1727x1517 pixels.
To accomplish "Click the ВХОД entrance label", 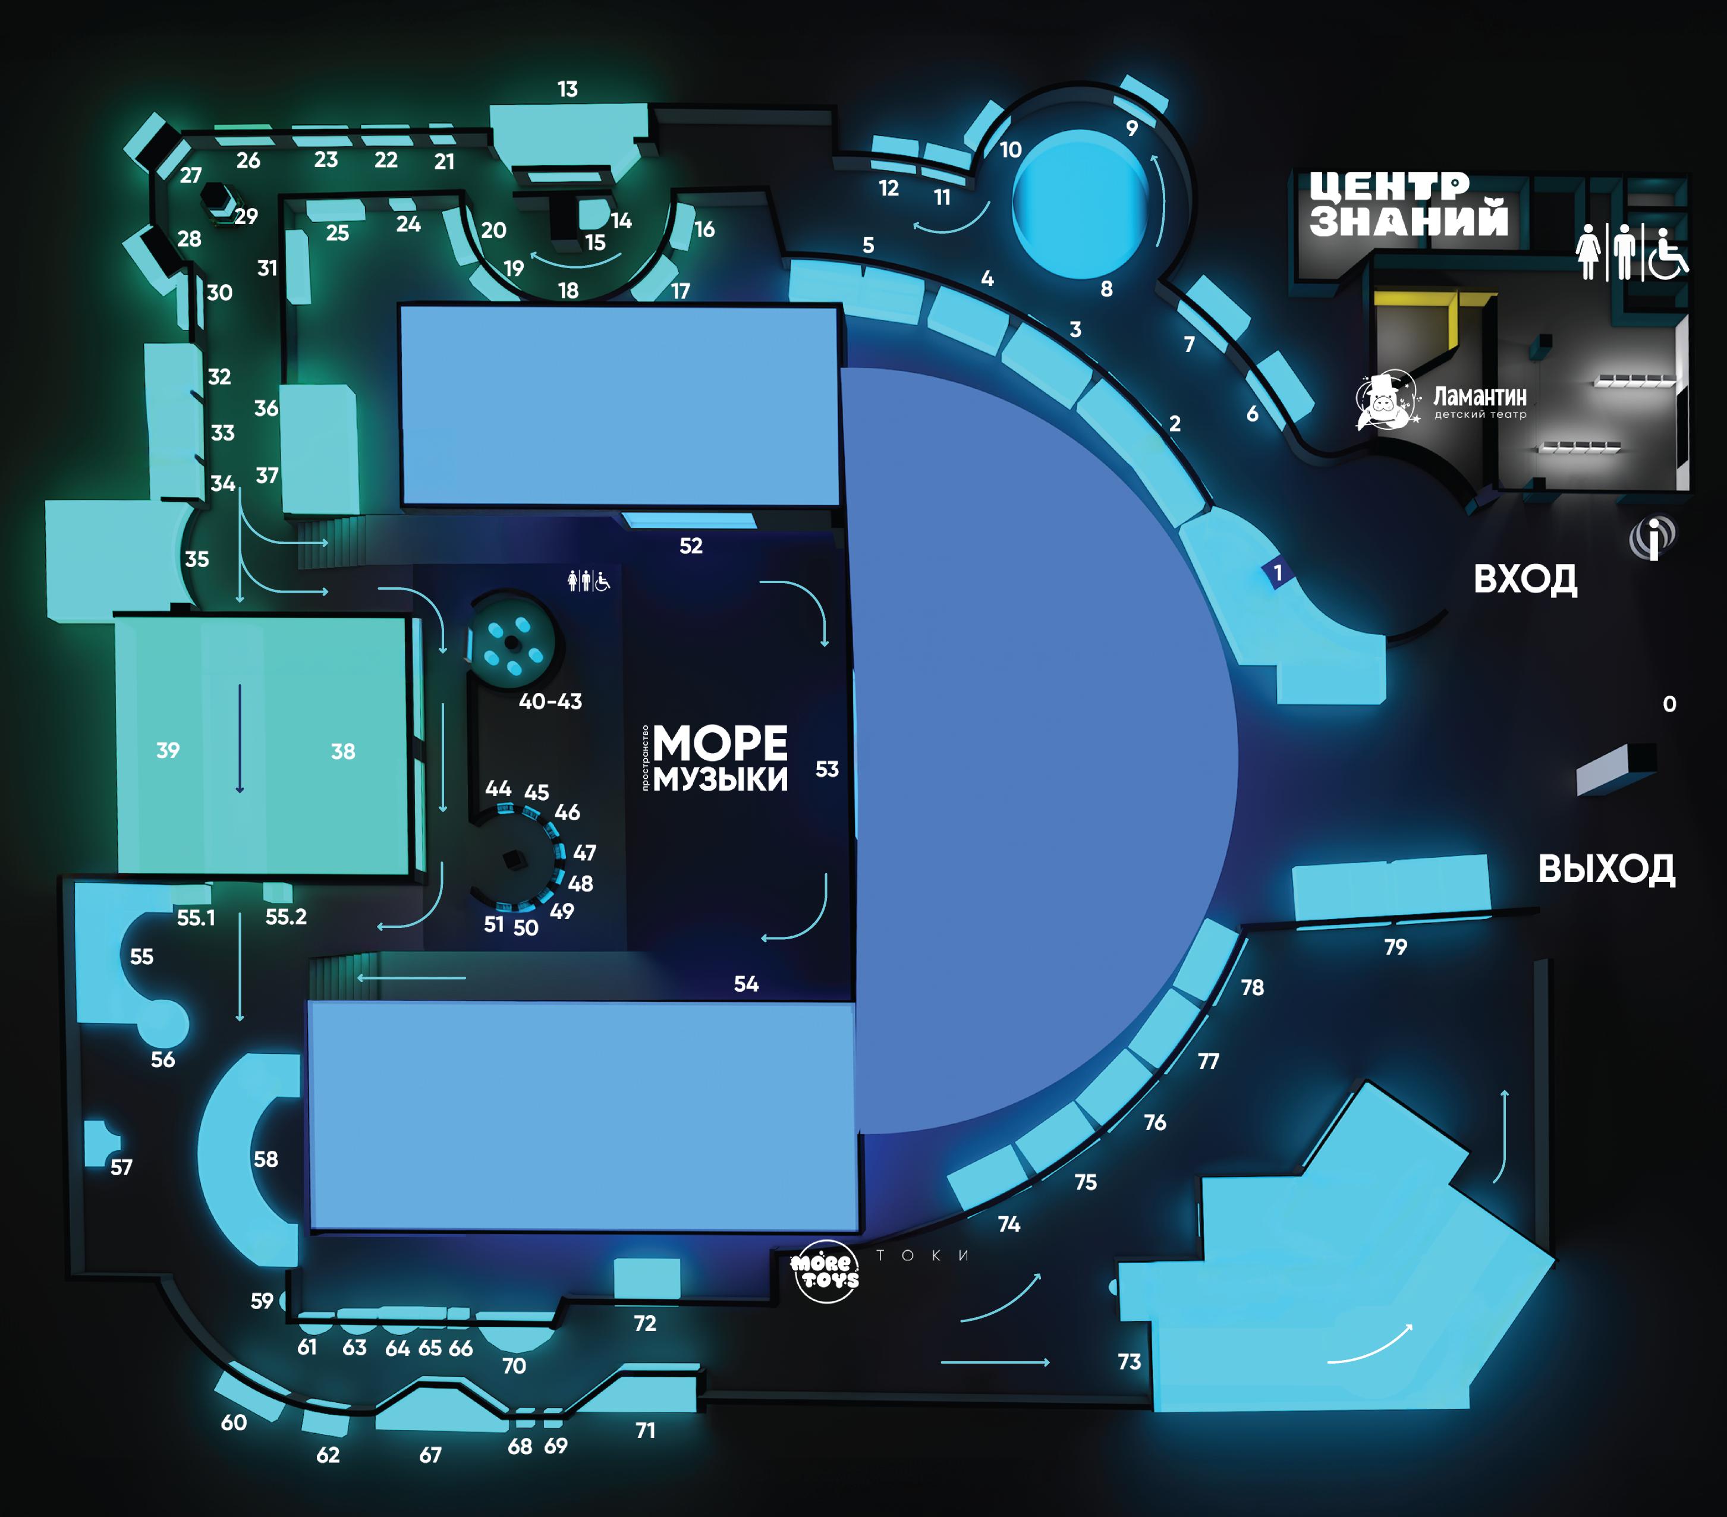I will tap(1524, 580).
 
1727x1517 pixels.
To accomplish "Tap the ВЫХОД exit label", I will tap(1605, 869).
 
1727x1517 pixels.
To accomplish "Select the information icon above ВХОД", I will tap(1652, 538).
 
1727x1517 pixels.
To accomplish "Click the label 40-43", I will tap(550, 701).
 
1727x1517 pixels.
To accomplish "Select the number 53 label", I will tap(826, 769).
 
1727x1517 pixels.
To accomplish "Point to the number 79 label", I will tap(1395, 947).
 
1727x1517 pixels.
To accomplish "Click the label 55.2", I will tap(285, 917).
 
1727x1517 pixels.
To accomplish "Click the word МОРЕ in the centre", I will tap(720, 743).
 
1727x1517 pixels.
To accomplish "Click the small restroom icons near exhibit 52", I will tap(588, 581).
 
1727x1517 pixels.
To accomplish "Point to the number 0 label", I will tap(1669, 704).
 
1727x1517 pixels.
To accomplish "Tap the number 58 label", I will tap(265, 1159).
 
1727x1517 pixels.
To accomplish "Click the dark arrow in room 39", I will tap(240, 738).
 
